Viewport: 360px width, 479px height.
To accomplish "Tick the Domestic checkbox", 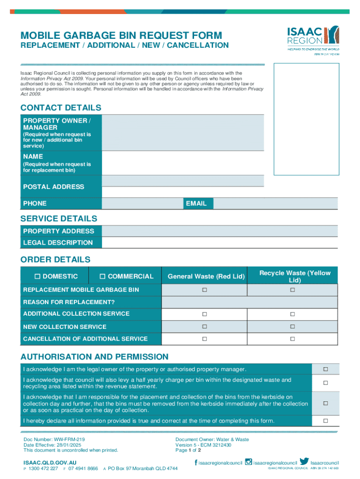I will (38, 276).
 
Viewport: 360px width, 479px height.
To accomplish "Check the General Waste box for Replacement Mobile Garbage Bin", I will (204, 290).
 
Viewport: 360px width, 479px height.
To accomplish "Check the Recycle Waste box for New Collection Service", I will (292, 327).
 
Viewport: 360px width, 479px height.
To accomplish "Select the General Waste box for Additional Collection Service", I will (204, 314).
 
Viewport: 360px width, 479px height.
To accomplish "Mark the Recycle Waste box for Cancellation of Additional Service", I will (292, 339).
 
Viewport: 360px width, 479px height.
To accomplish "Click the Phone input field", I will (142, 203).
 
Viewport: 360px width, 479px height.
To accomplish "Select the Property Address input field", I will (219, 231).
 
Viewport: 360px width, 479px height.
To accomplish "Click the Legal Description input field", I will (219, 243).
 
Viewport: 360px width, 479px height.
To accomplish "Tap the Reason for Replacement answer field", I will (249, 302).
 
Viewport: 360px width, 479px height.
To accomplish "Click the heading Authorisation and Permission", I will (94, 357).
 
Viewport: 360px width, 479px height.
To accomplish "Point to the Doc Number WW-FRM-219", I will (54, 440).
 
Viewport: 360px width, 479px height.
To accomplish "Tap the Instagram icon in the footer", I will (249, 462).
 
